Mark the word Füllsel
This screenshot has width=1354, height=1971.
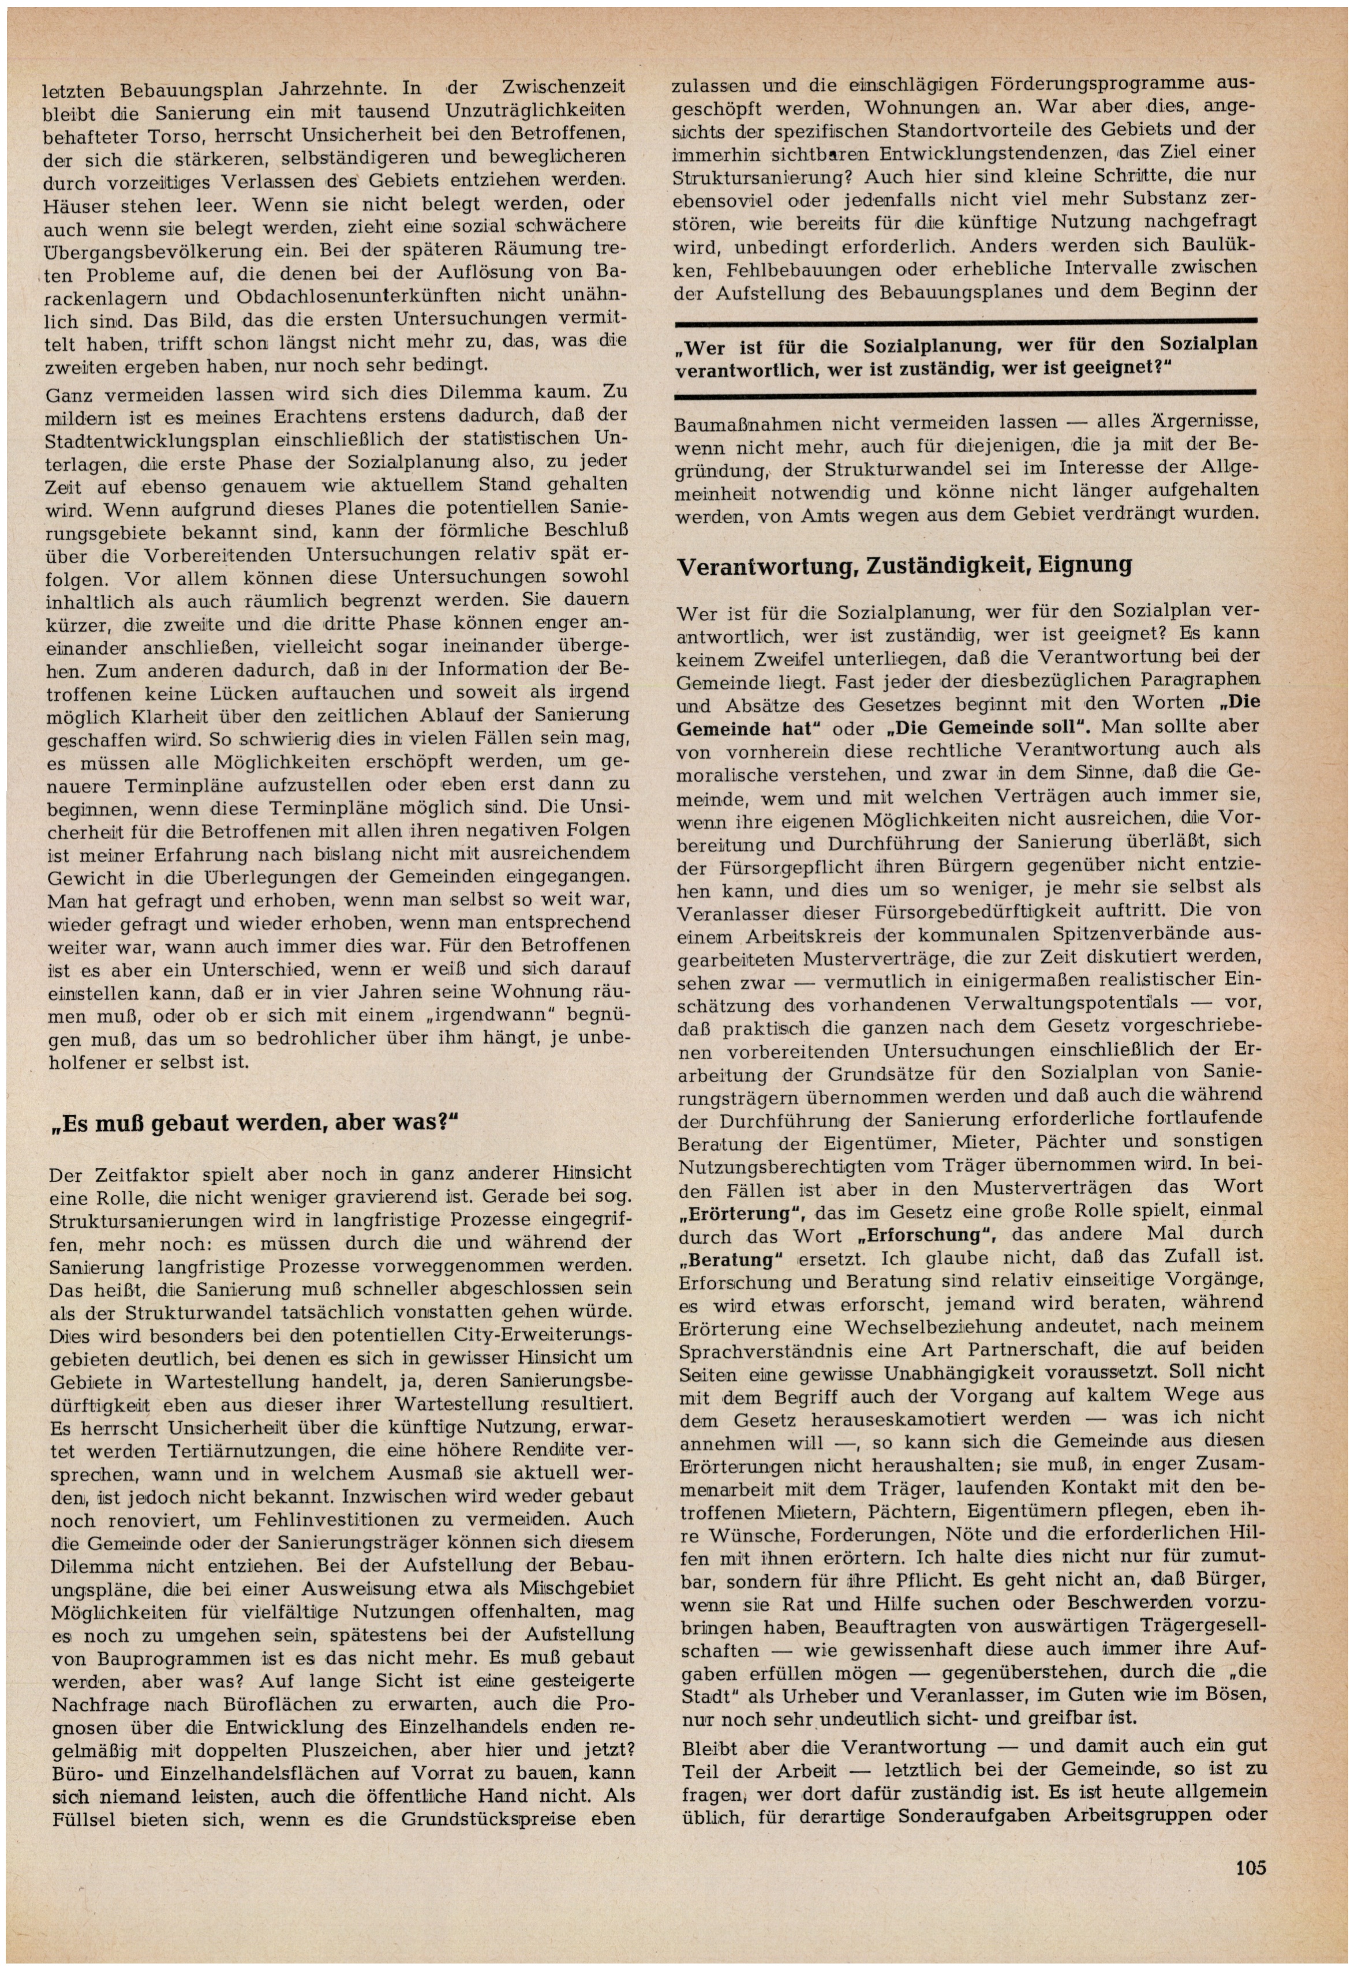[x=83, y=1819]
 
